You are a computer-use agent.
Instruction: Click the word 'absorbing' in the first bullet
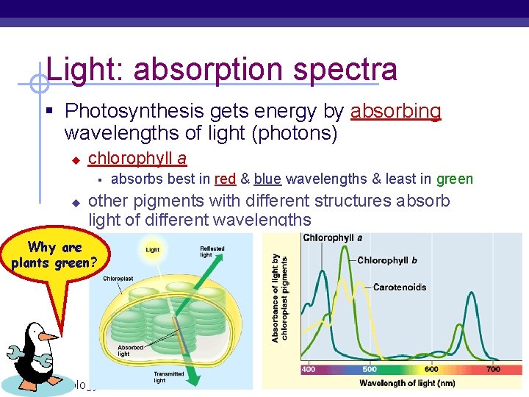[x=396, y=112]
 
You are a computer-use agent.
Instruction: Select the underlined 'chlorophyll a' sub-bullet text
[x=137, y=159]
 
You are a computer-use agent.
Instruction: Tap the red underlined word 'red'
[x=225, y=179]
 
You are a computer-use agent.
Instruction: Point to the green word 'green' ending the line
[x=454, y=179]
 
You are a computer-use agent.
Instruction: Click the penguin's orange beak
[x=49, y=337]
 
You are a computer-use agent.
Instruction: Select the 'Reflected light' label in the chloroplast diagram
[x=212, y=252]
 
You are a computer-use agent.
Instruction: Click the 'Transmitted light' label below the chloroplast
[x=170, y=377]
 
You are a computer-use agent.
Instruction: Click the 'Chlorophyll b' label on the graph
[x=387, y=260]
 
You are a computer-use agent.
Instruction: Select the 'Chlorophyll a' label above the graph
[x=332, y=238]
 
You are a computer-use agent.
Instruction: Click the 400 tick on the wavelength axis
[x=308, y=369]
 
